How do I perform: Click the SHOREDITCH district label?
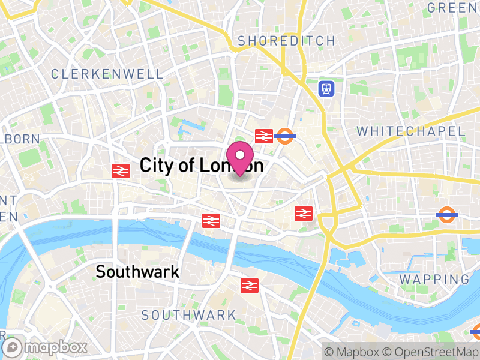pos(286,41)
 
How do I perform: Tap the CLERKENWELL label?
pos(107,74)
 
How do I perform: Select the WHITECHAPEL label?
pos(410,131)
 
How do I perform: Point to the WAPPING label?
pos(434,279)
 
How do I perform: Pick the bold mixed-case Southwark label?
pos(137,272)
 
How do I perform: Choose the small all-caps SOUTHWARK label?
pos(188,315)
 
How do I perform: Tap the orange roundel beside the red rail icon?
pos(284,136)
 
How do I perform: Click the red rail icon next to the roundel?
pos(264,136)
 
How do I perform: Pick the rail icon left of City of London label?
pos(121,171)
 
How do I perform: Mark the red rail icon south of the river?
pos(249,286)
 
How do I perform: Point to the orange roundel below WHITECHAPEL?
pos(446,215)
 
